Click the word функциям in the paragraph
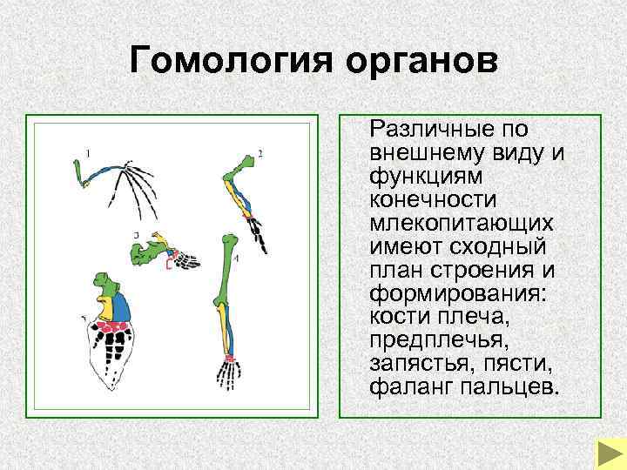click(x=415, y=178)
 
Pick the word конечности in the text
click(x=423, y=200)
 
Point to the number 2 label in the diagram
click(x=260, y=155)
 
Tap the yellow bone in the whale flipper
click(x=104, y=307)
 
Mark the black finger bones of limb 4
click(x=230, y=375)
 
